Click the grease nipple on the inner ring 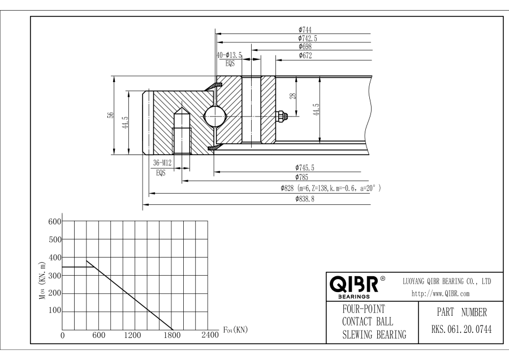click(x=280, y=116)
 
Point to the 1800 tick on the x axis click(x=172, y=335)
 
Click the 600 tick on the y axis click(x=54, y=221)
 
